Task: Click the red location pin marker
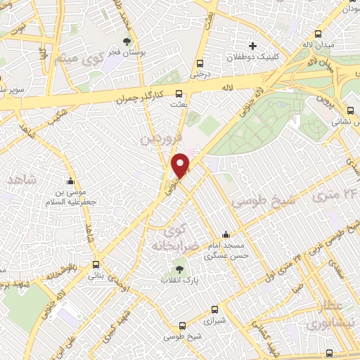click(x=181, y=164)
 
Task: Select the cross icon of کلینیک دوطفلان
click(x=252, y=46)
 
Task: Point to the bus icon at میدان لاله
click(x=319, y=34)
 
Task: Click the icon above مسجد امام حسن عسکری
click(x=226, y=235)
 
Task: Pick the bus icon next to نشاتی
click(x=351, y=110)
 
